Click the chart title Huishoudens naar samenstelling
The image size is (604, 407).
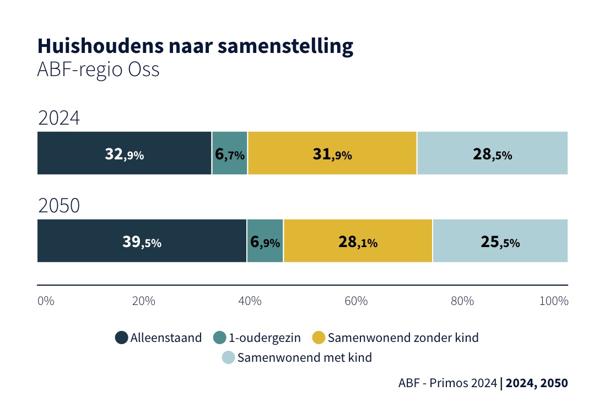click(195, 47)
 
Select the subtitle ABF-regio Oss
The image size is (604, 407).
click(98, 71)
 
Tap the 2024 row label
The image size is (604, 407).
click(59, 119)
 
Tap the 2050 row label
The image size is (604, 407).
click(59, 206)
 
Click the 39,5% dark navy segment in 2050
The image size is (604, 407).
click(142, 241)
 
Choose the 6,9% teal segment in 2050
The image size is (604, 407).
click(265, 241)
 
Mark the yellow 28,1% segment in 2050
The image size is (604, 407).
click(358, 241)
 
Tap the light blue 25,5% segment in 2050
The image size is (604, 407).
click(500, 241)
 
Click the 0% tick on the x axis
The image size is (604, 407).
click(46, 301)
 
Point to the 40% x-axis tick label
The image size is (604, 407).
click(250, 301)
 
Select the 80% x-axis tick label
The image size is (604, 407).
click(462, 301)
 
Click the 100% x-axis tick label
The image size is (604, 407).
click(554, 301)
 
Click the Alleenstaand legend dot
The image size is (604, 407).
click(121, 338)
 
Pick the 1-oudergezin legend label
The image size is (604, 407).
click(265, 338)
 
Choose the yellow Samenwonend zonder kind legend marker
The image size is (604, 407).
click(319, 338)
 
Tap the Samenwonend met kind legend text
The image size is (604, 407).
click(305, 357)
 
